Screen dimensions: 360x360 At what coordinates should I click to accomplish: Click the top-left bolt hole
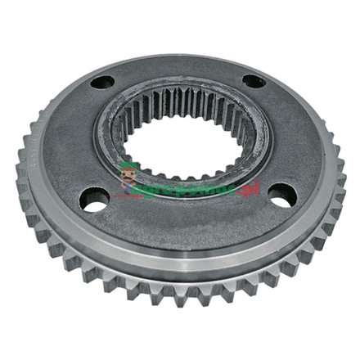pos(105,83)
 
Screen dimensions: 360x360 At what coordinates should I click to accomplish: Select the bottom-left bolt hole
pos(95,199)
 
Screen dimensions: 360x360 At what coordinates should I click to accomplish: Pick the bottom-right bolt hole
pos(281,195)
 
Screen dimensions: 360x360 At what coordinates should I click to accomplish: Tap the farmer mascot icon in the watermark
pos(128,174)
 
